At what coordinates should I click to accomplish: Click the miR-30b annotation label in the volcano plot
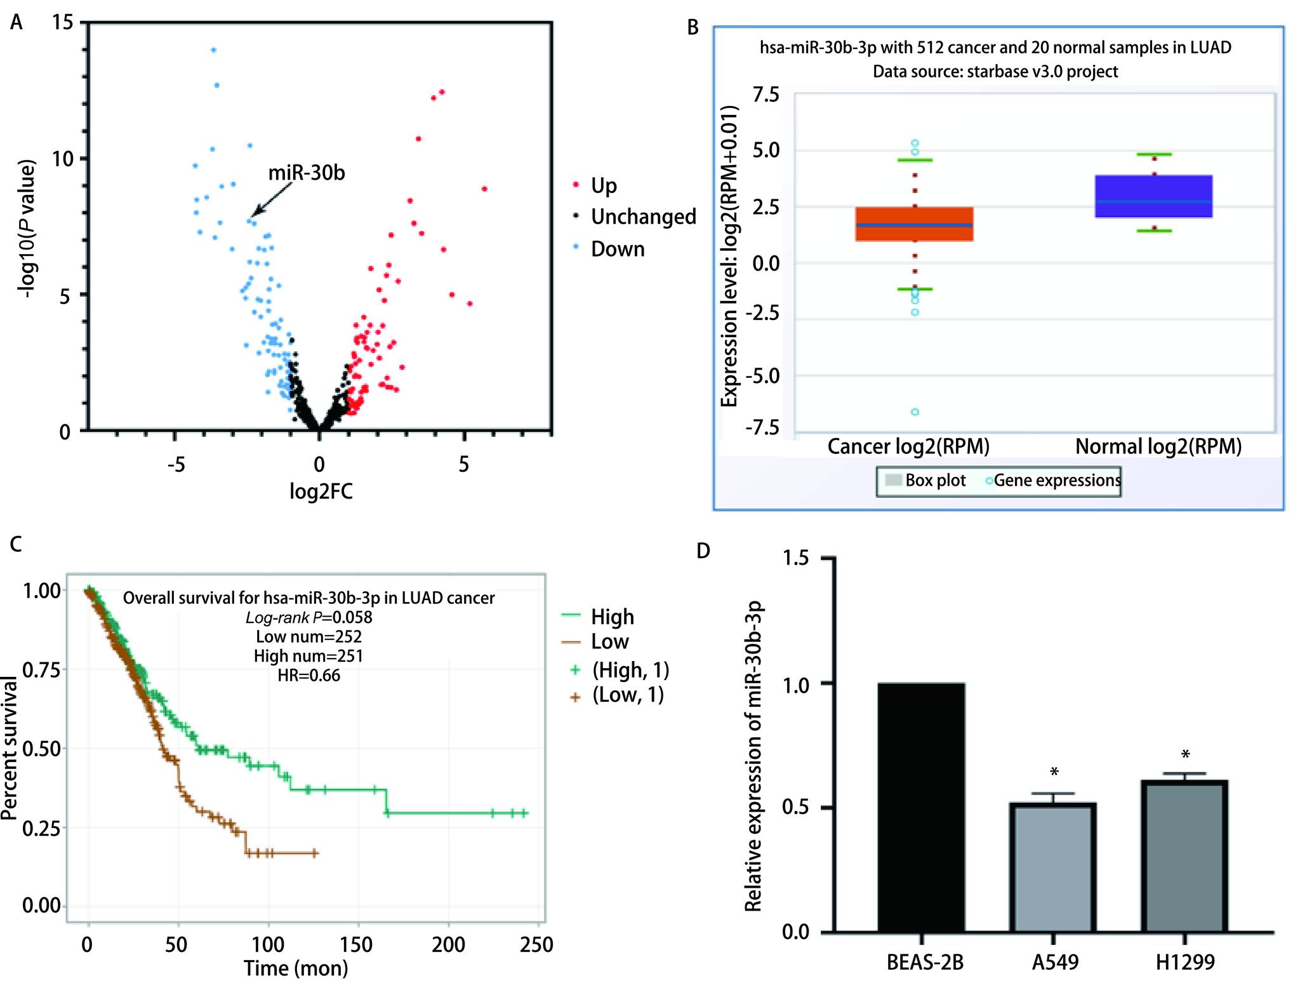307,173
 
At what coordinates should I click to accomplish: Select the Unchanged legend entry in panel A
643,217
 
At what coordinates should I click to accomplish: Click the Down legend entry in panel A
617,249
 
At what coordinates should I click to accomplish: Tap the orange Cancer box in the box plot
915,224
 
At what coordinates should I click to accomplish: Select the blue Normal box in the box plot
1154,196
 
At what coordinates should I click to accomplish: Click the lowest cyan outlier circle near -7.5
915,412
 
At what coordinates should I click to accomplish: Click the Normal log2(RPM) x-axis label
1158,446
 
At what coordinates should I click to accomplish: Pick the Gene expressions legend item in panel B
1056,481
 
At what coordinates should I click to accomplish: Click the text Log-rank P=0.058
308,617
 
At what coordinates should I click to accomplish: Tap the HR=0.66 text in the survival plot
308,675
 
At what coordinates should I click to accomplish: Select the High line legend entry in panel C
612,617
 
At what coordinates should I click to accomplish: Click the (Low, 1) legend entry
628,695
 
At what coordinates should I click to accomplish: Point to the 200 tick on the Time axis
449,945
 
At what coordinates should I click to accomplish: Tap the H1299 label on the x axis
1184,963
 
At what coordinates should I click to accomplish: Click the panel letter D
703,551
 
